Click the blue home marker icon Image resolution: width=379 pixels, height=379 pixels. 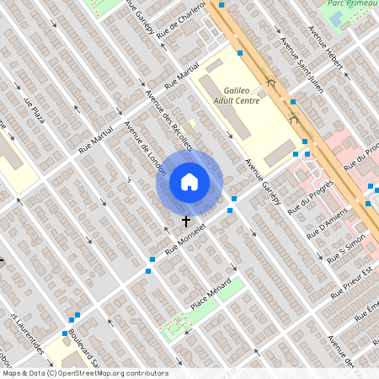[189, 182]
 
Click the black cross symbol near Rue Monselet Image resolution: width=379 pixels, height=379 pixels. [186, 221]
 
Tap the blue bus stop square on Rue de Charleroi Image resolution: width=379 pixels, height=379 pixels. [240, 52]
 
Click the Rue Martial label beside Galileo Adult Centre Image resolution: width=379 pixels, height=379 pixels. [182, 76]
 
